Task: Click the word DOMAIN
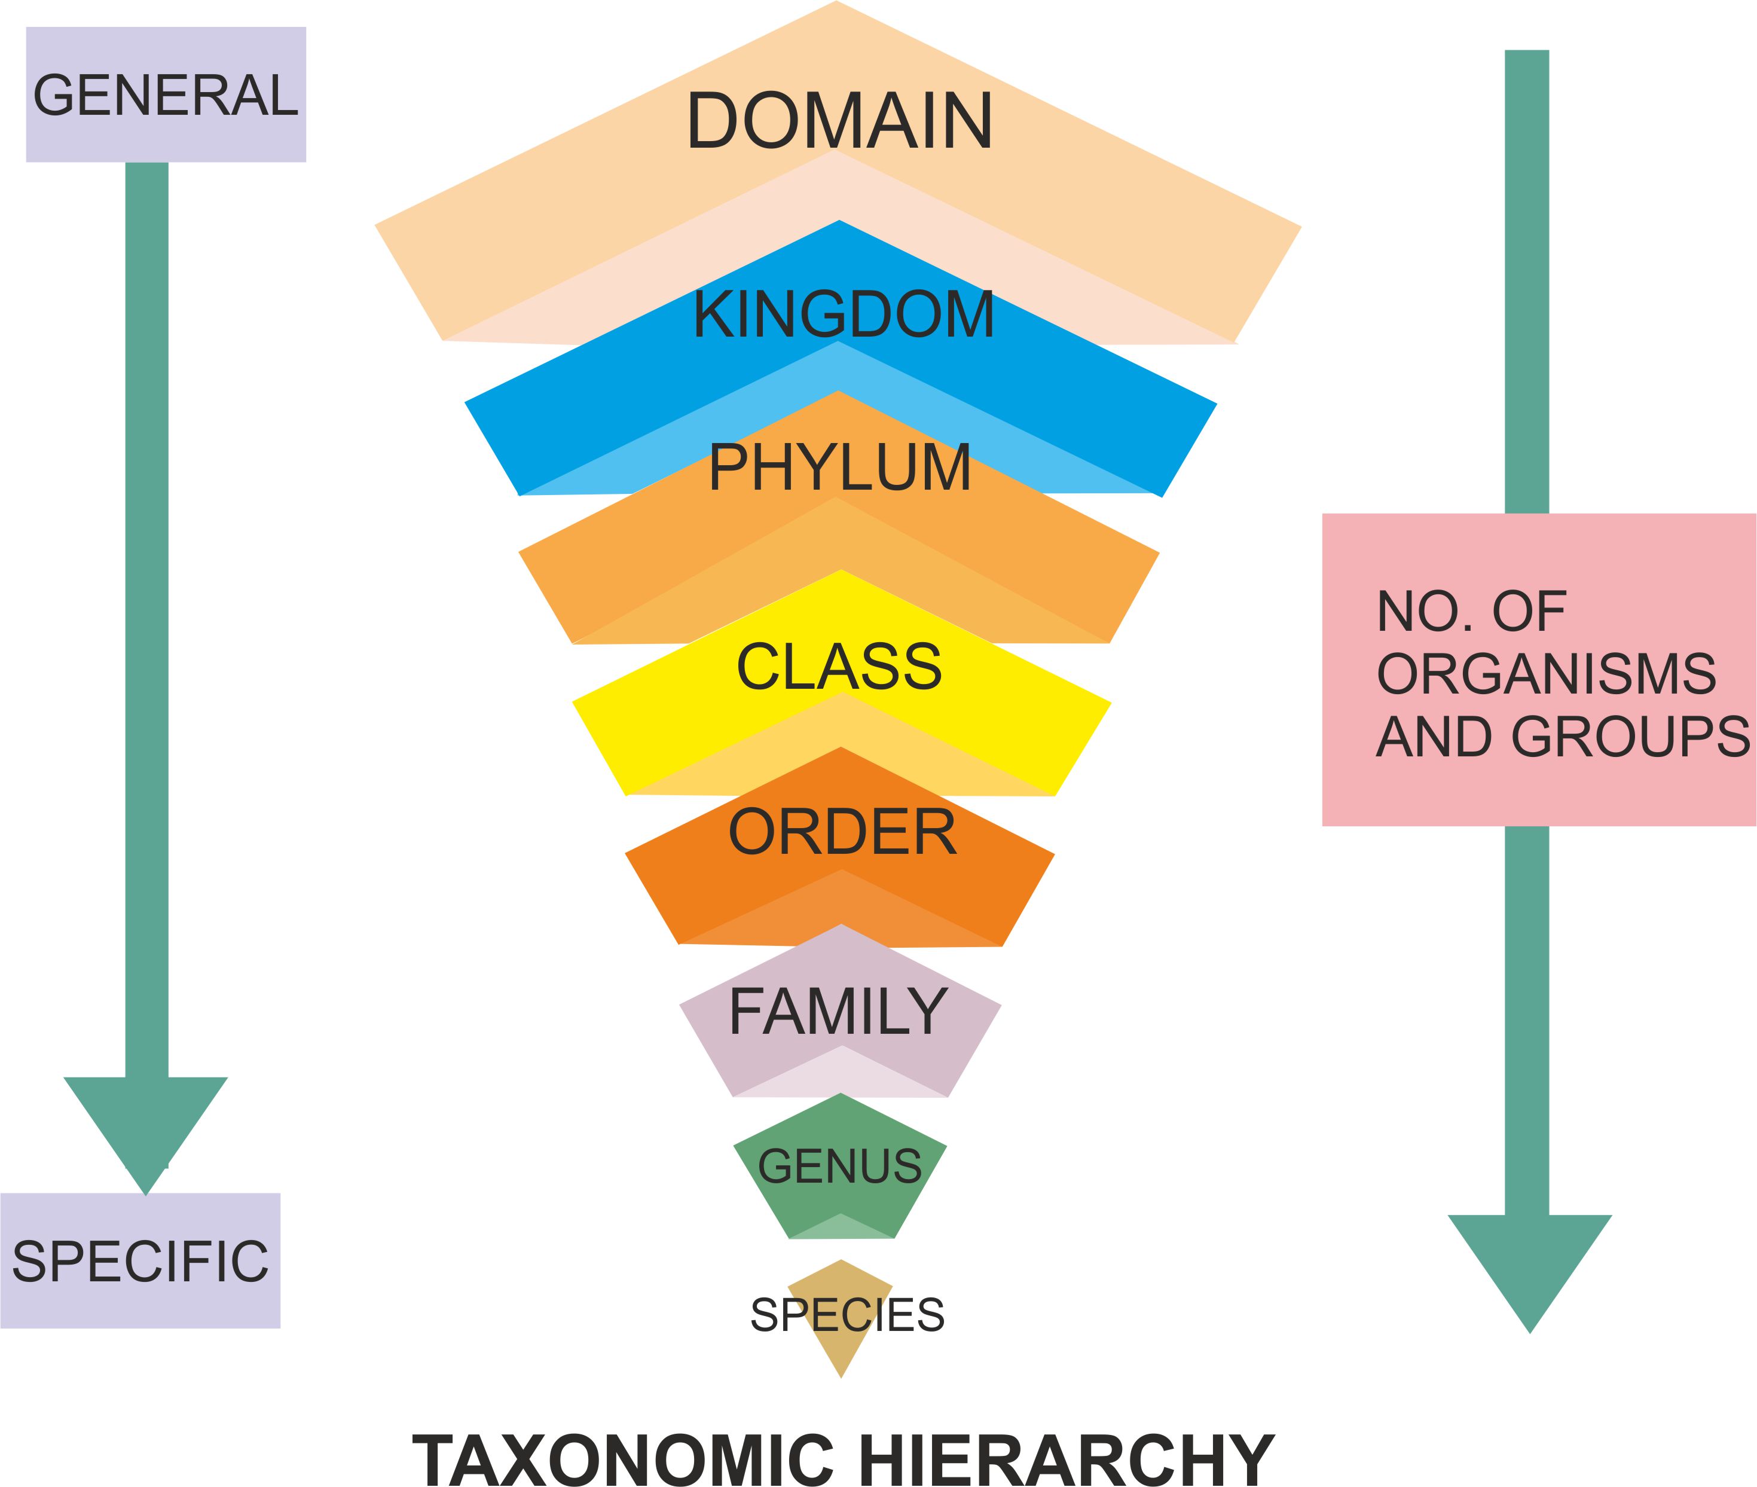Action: (x=839, y=121)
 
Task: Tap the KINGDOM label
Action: (x=844, y=315)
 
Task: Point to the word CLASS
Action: (x=839, y=667)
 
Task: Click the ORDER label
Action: (x=842, y=833)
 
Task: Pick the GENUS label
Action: (x=839, y=1167)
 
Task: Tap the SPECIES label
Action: (x=847, y=1315)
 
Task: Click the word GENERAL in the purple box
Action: (x=165, y=95)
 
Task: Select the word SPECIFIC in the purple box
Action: (x=140, y=1262)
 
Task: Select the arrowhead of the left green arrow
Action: (x=146, y=1129)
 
